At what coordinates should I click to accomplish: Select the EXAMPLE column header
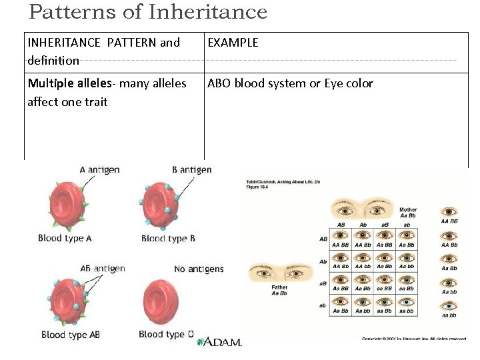coord(233,43)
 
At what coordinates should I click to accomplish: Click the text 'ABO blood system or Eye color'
coord(290,84)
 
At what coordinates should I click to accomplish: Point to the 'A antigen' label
coord(99,170)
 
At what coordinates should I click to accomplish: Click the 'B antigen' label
coord(191,170)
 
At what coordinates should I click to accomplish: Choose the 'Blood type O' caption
coord(166,334)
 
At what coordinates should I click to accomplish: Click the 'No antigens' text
coord(199,269)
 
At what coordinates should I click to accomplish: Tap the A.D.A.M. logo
coord(218,342)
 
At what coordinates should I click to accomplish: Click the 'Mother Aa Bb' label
coord(408,213)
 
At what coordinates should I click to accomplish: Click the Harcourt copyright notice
coord(414,339)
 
